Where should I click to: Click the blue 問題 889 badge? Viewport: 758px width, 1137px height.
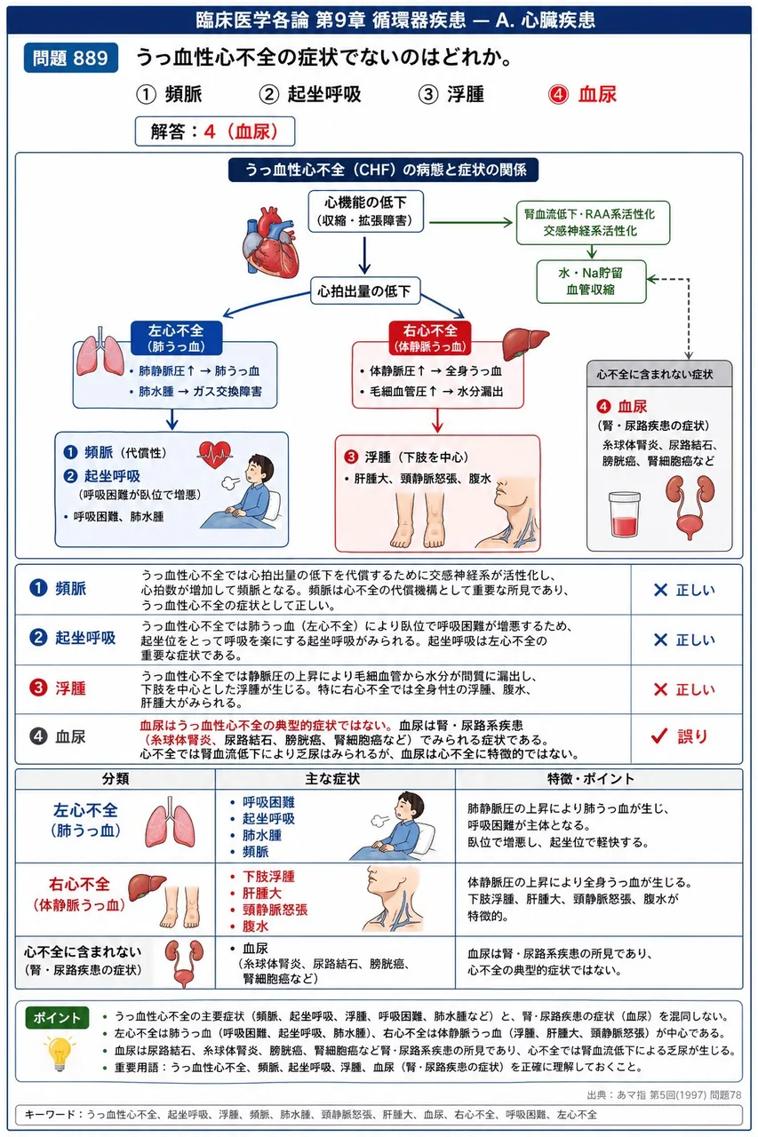(70, 58)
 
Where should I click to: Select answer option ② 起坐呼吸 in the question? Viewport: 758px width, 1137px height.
(310, 94)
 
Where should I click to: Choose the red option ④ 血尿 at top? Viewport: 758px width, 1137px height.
(582, 94)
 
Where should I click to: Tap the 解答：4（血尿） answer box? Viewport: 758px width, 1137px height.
(215, 131)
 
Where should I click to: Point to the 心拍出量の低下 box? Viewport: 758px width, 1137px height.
(365, 290)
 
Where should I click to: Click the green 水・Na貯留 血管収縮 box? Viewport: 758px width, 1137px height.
(591, 282)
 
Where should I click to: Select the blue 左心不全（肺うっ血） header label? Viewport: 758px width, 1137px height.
(176, 338)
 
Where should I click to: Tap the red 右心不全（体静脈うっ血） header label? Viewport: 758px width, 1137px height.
(430, 338)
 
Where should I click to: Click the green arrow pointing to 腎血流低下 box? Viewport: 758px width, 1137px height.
(471, 222)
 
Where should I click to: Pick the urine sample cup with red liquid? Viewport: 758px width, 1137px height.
(624, 513)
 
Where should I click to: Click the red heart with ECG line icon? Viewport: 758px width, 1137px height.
(215, 454)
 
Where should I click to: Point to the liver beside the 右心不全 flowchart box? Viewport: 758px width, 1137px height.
(524, 343)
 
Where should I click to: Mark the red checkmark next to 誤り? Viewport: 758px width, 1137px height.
(659, 735)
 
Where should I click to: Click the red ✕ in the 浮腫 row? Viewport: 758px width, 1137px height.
(660, 689)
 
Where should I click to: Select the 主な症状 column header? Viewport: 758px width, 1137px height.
(332, 779)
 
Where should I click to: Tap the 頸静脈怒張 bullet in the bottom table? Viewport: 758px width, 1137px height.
(275, 910)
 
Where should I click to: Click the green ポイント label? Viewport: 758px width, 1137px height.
(57, 1018)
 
